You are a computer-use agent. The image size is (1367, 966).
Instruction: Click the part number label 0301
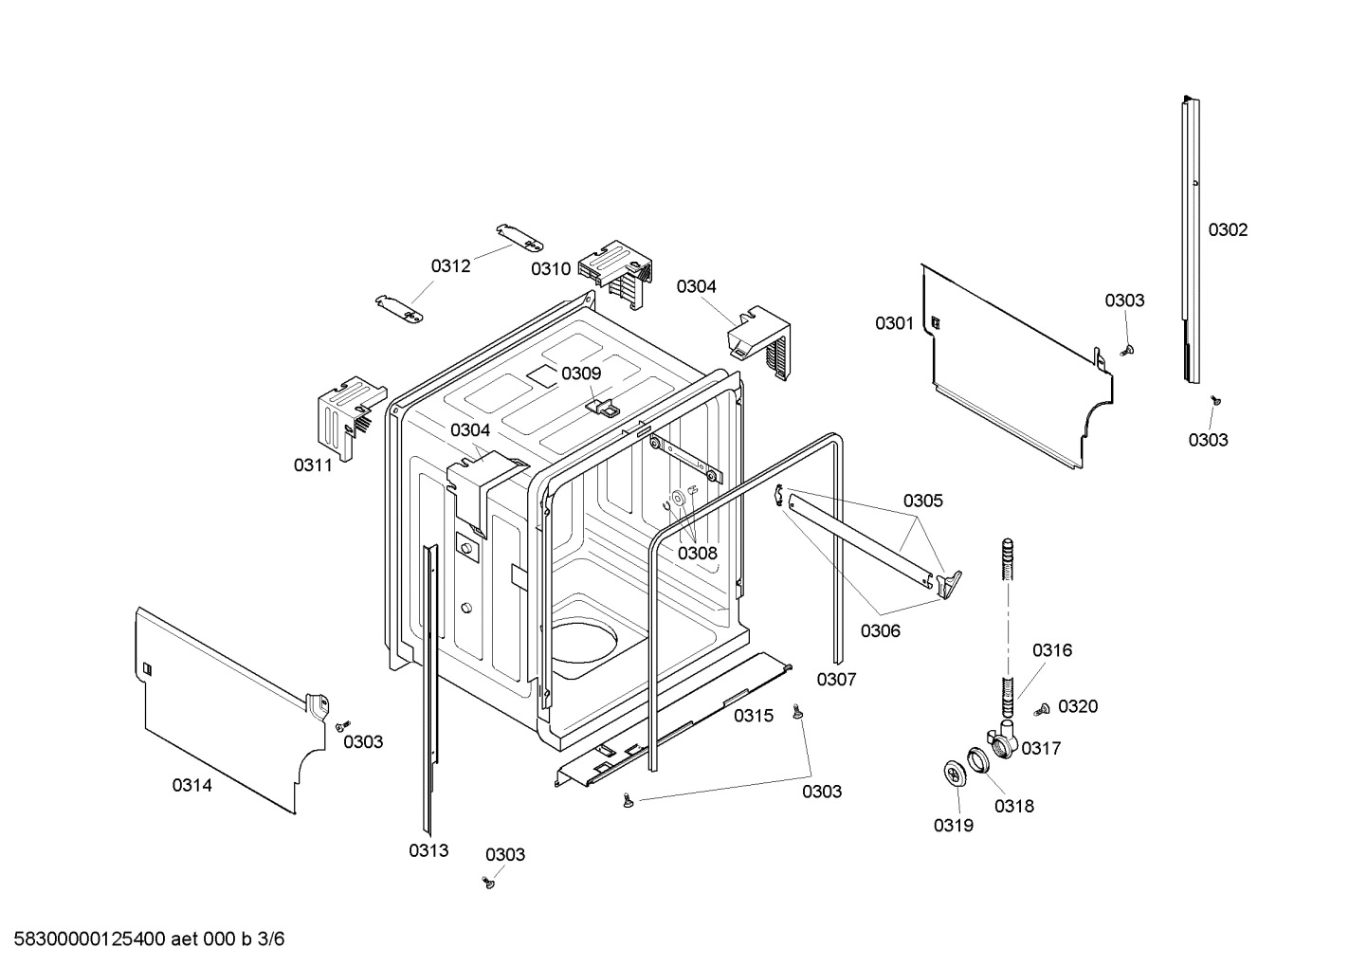pos(893,324)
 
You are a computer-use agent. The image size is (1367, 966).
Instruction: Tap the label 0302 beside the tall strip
pos(1227,230)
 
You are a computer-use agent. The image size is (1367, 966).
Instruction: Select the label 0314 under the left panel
pos(191,785)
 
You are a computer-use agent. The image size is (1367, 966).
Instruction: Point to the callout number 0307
pos(836,680)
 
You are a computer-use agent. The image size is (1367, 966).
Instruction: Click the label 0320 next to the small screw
pos(1077,706)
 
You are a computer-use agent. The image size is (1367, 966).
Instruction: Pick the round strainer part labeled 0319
pos(956,773)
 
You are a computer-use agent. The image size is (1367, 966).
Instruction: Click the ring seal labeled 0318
pos(976,760)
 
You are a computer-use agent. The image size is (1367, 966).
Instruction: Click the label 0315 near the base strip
pos(753,716)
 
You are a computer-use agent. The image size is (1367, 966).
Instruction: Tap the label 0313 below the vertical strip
pos(428,851)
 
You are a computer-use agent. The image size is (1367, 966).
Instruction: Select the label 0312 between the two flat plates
pos(450,266)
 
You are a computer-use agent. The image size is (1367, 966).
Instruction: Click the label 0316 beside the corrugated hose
pos(1051,650)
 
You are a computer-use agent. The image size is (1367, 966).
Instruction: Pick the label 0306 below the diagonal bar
pos(880,631)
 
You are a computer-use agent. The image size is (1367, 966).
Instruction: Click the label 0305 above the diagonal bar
pos(922,501)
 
